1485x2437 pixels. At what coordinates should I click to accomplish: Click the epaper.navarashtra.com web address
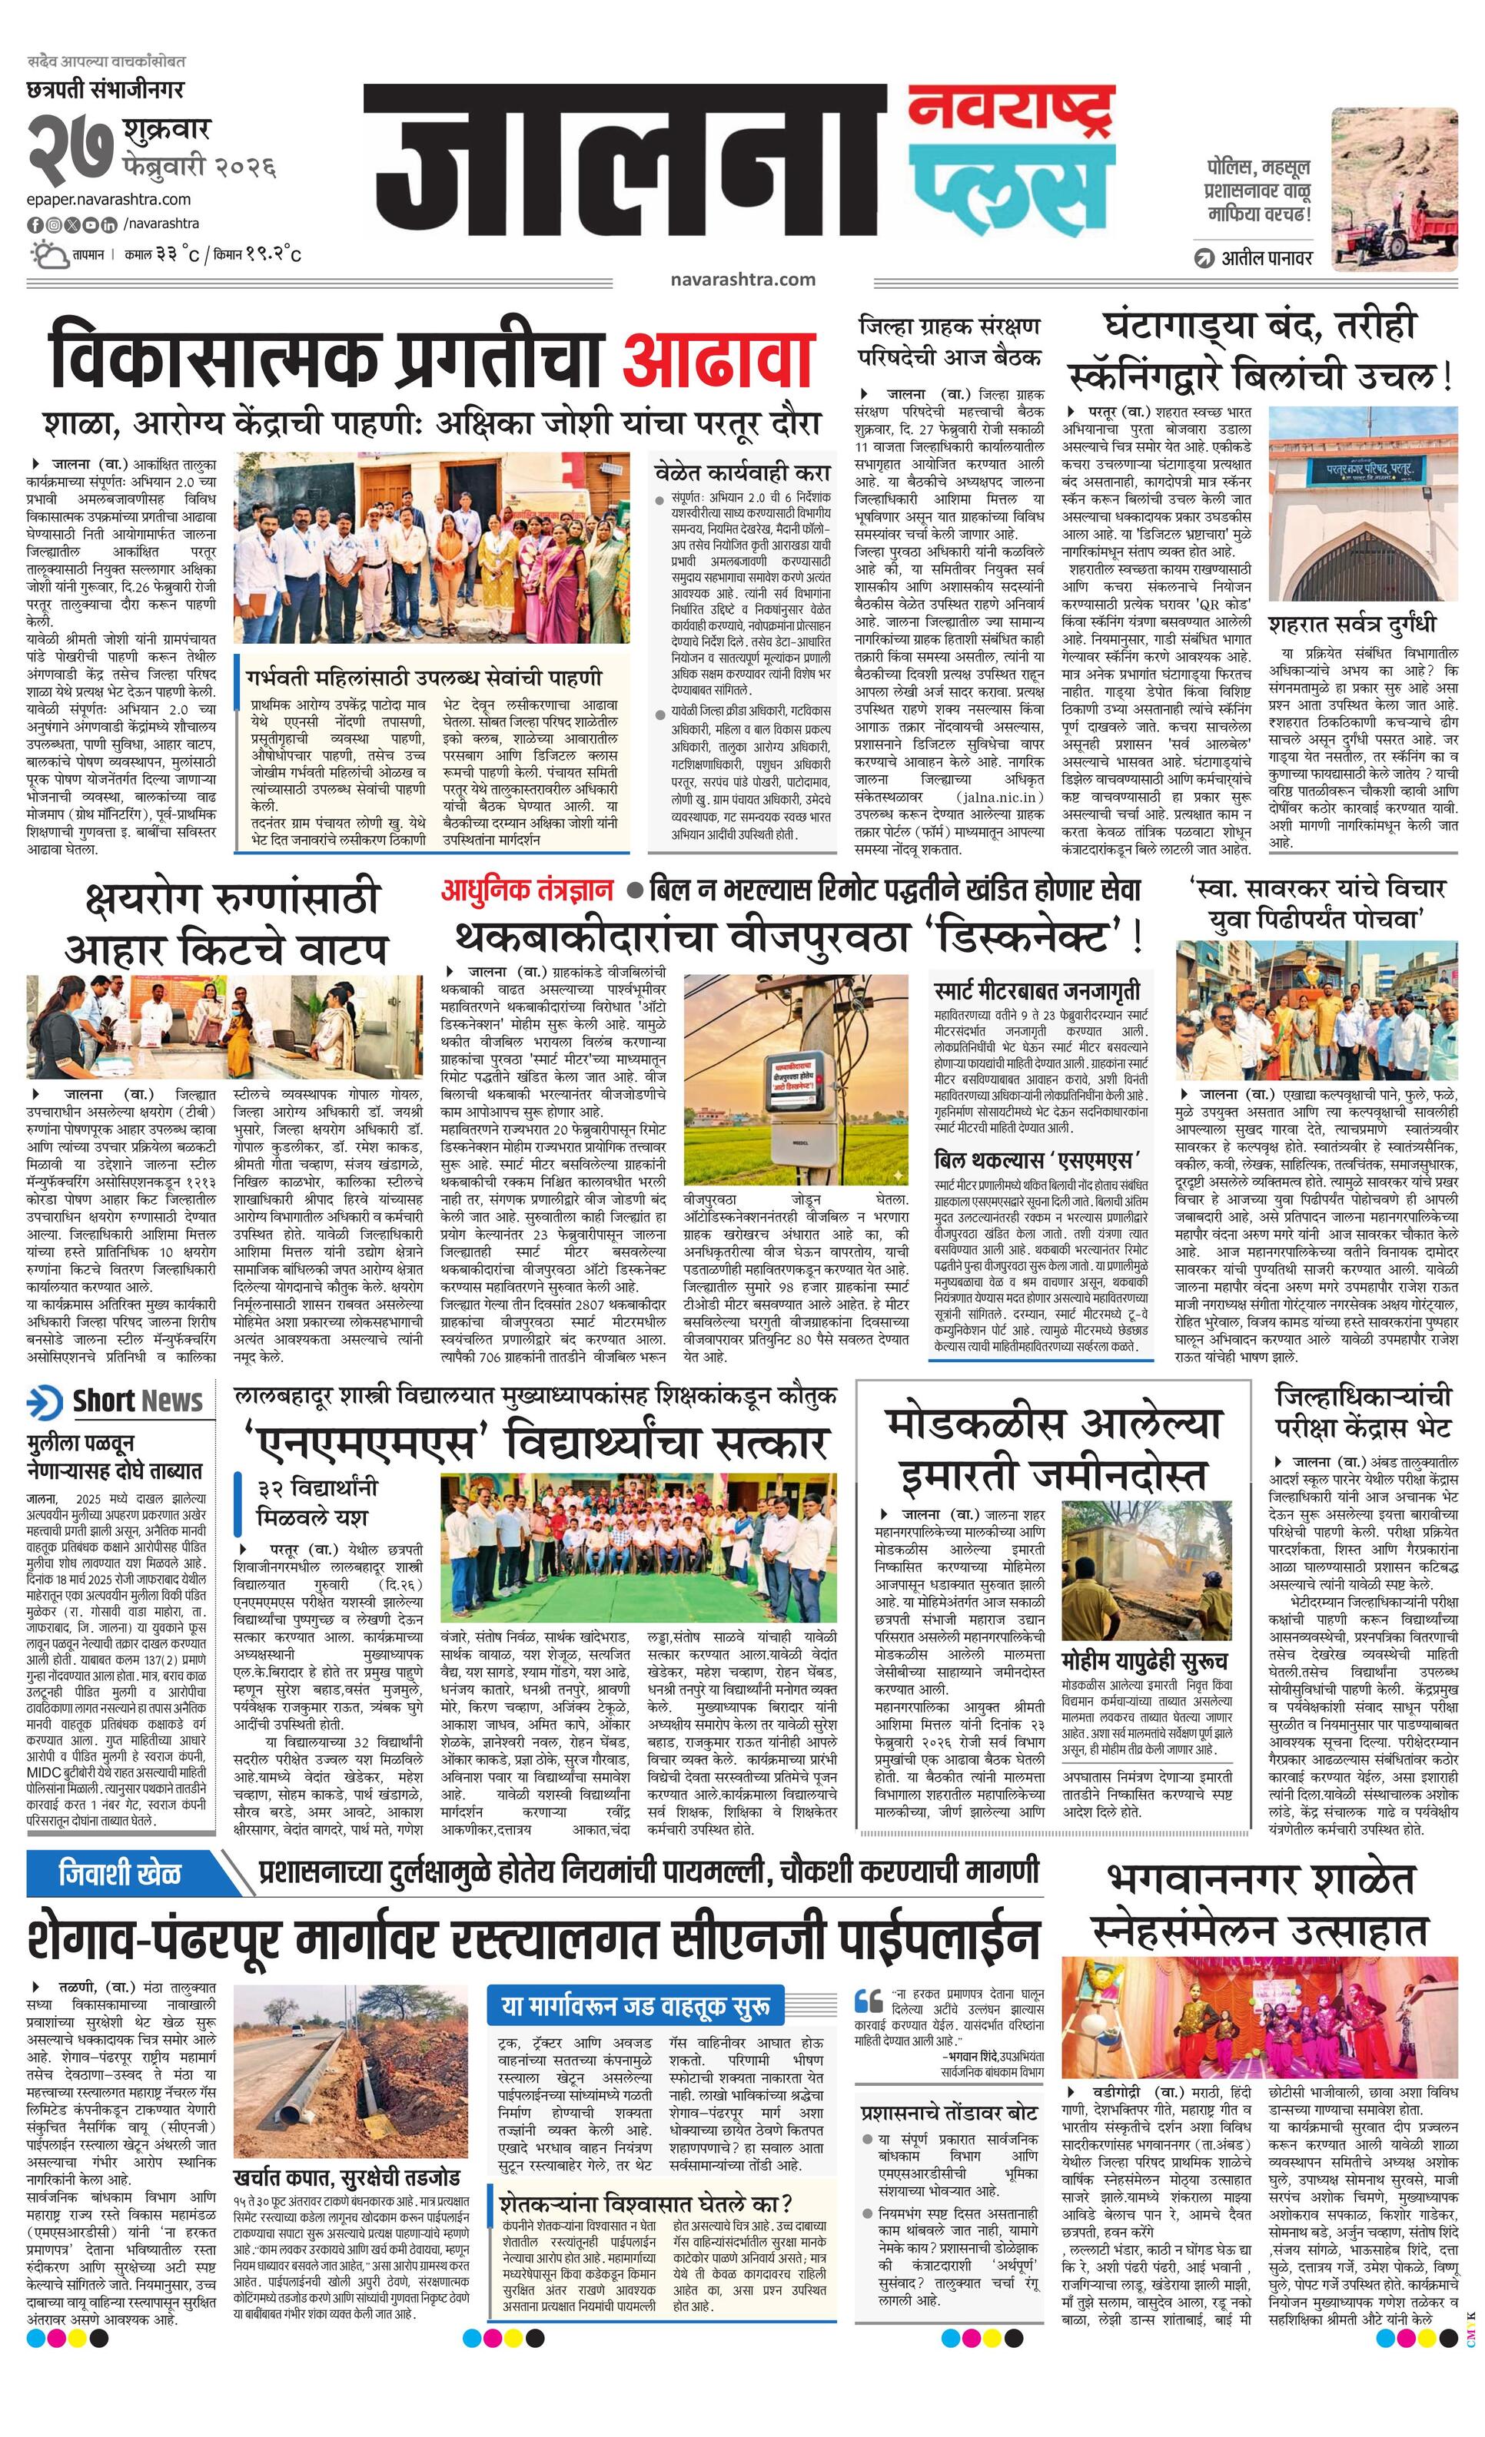click(109, 200)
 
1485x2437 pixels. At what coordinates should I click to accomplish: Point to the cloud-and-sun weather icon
click(48, 254)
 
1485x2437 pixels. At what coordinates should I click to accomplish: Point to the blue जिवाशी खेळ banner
click(120, 1872)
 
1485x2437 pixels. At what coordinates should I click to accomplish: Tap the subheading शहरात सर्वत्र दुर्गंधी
click(1351, 624)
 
